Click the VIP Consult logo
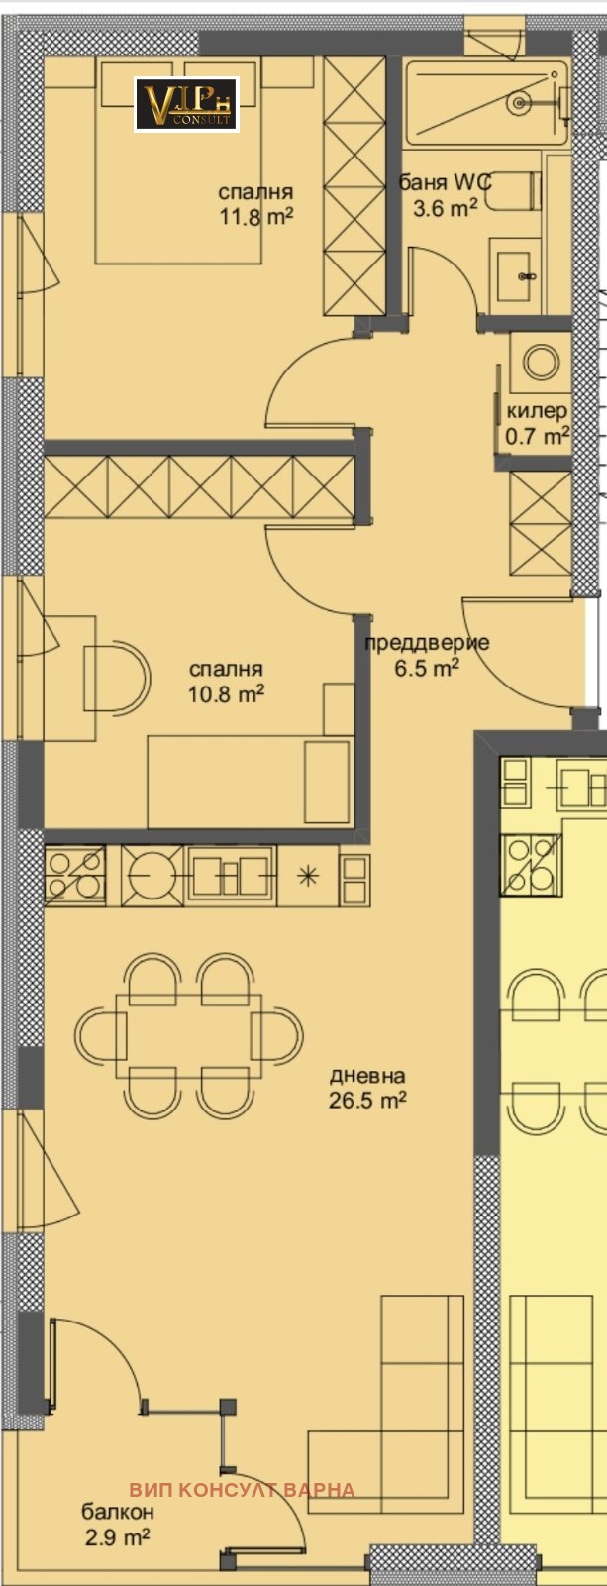coord(186,104)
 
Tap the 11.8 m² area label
coord(255,216)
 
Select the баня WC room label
coord(445,183)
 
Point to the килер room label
coord(537,411)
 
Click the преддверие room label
coord(427,643)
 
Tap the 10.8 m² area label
coord(226,694)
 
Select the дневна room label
coord(367,1075)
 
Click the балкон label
coord(118,1512)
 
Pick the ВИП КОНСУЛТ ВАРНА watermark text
coord(242,1489)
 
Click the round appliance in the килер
coord(541,362)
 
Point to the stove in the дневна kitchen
coord(74,876)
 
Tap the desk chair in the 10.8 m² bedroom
coord(116,679)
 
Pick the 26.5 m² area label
coord(367,1100)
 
